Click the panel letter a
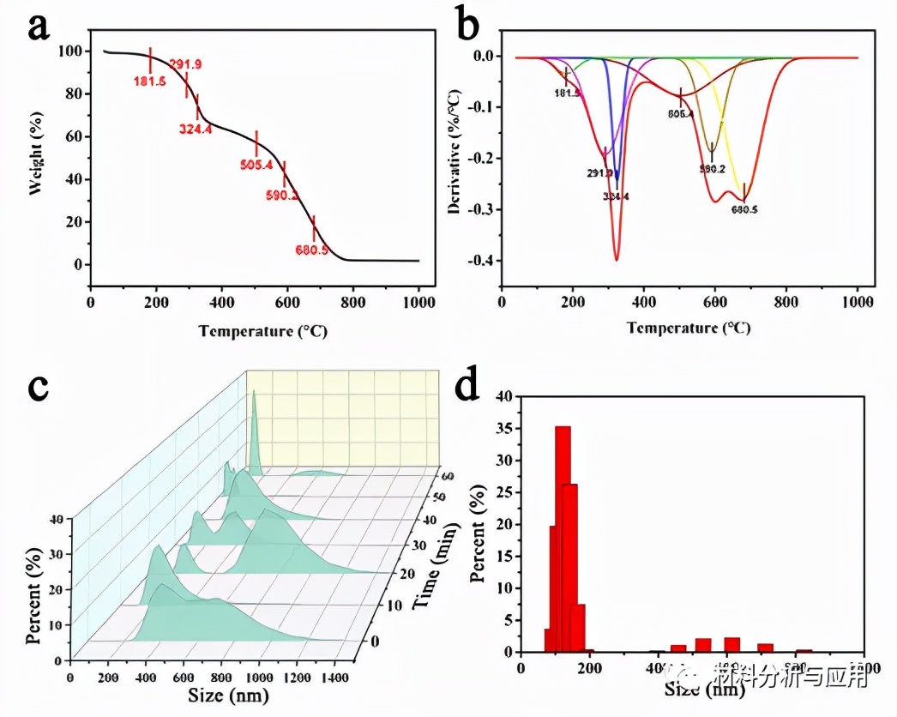(39, 27)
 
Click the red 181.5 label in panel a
(150, 81)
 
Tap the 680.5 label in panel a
(312, 250)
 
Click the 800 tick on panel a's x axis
(353, 301)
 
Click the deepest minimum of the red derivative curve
(617, 259)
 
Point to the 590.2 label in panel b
(712, 170)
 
